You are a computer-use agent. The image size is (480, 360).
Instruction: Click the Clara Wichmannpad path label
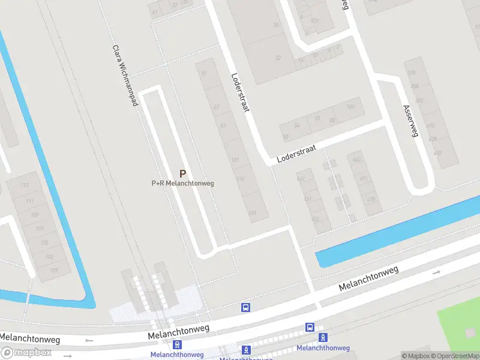125,76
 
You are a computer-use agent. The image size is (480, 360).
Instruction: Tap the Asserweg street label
410,121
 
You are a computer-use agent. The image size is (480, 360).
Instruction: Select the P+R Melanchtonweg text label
182,183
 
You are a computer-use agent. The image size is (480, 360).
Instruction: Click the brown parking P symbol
183,173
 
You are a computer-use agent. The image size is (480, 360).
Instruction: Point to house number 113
25,185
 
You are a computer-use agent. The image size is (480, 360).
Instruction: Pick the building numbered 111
29,200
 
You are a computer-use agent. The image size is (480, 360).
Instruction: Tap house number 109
35,215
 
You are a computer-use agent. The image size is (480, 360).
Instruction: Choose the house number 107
40,229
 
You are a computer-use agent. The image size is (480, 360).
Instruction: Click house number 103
50,257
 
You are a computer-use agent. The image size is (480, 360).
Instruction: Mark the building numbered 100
351,107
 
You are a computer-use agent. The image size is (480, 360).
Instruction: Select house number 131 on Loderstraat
253,212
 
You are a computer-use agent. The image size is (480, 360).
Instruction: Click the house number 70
316,119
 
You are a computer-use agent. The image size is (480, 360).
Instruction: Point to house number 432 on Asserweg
437,153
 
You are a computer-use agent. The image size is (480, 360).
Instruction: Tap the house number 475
371,200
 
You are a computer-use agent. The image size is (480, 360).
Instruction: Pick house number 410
430,126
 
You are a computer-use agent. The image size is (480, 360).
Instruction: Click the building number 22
277,58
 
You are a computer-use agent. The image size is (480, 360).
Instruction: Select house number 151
307,199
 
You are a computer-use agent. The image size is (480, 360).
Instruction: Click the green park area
462,324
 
